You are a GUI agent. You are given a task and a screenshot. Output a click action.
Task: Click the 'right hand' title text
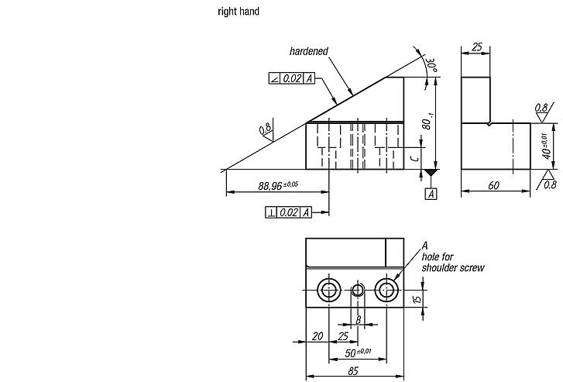tap(239, 12)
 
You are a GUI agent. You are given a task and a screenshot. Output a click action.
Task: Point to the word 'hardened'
tap(309, 51)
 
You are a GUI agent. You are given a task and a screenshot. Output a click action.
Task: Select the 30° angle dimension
tap(431, 66)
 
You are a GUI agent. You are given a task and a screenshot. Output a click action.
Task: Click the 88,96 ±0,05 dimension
tap(278, 185)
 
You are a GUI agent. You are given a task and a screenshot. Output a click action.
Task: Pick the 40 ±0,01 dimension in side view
tap(546, 146)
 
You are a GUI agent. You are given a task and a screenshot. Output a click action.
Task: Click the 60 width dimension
tap(493, 185)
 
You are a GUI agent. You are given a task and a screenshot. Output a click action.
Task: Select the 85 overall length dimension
tap(353, 371)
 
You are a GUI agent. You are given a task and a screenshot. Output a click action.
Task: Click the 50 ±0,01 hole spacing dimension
tap(358, 353)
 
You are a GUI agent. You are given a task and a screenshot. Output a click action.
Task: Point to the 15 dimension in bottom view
tap(417, 299)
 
